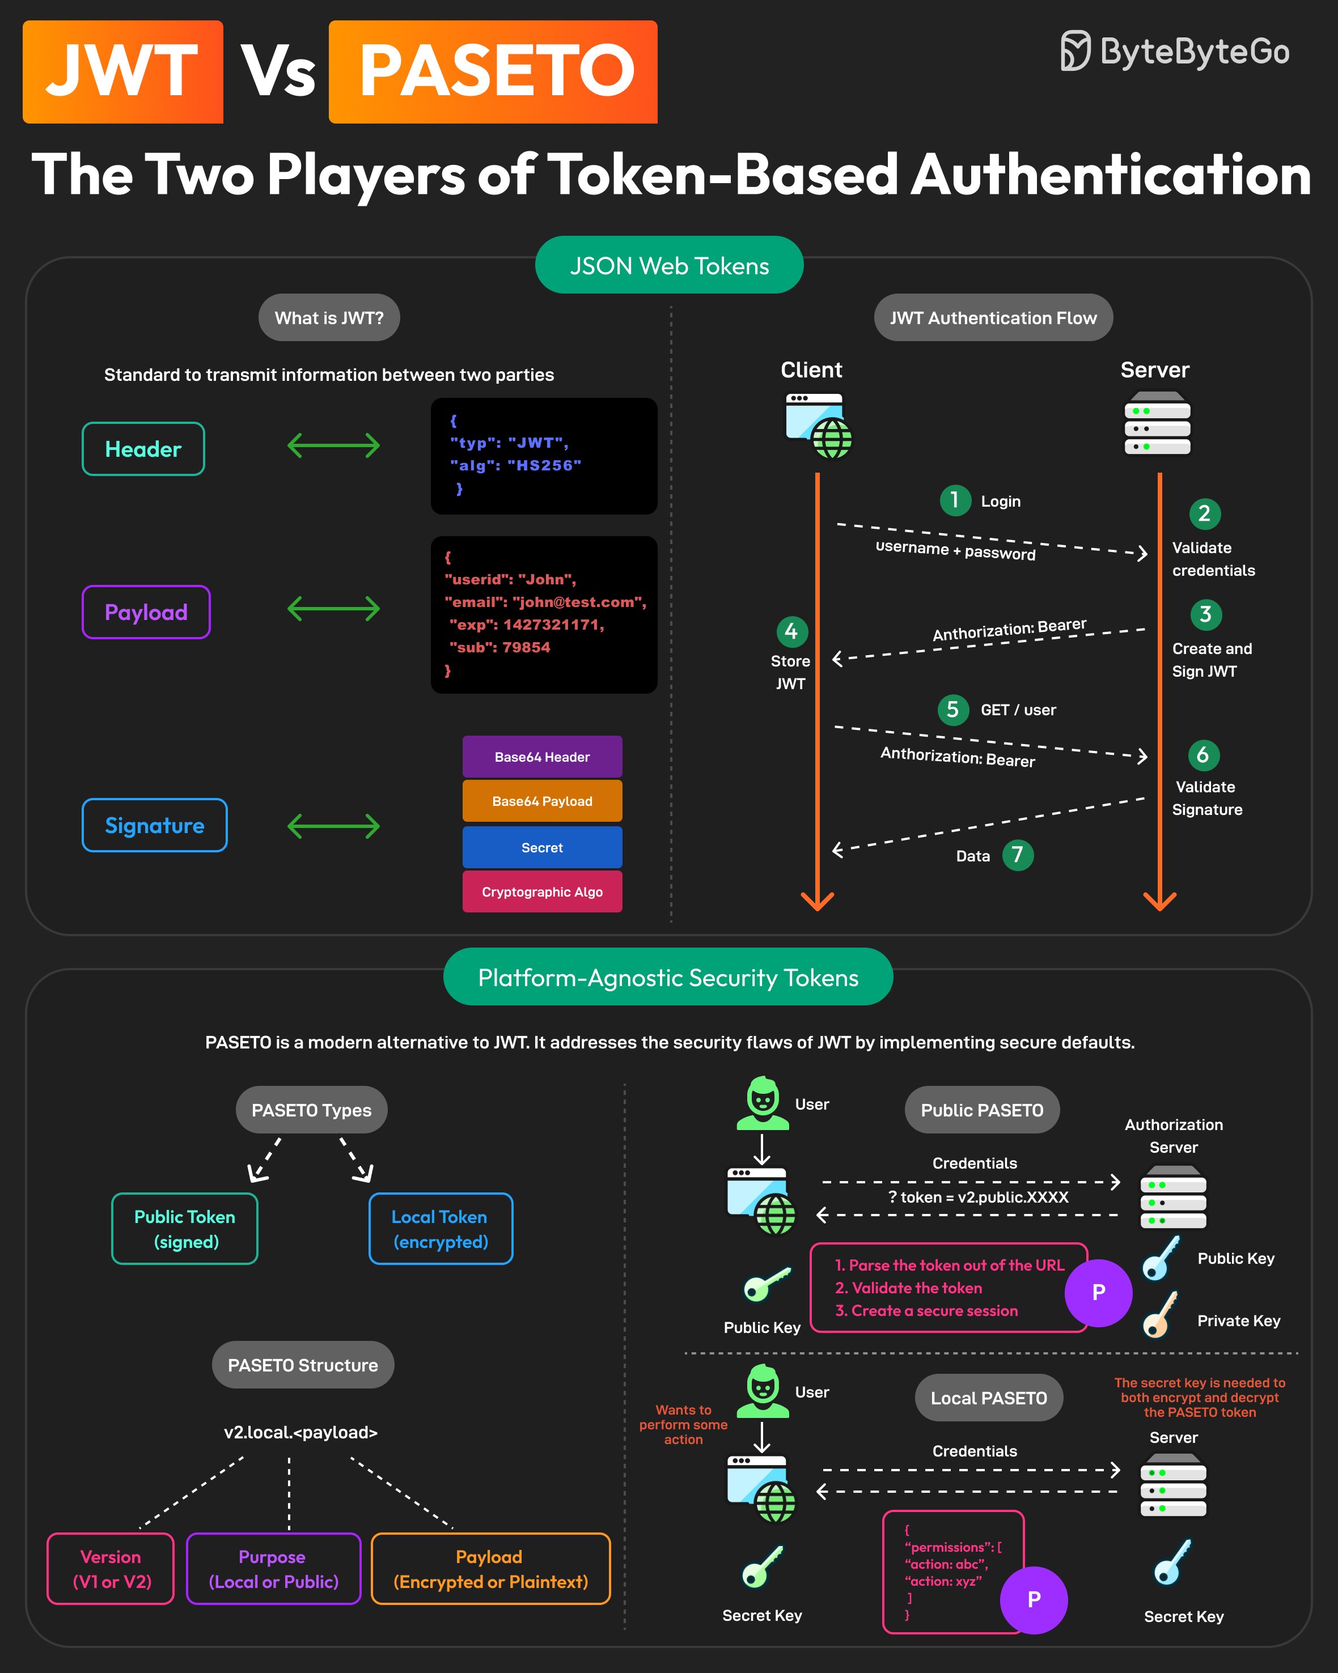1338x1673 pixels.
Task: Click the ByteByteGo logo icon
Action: (1076, 51)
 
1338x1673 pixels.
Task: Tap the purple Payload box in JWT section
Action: (146, 612)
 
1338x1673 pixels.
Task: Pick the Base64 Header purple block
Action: (541, 757)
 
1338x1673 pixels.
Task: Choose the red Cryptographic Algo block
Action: (541, 891)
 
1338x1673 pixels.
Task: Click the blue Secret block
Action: (541, 847)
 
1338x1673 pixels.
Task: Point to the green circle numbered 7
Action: (1018, 855)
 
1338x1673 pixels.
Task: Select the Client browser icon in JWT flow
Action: (819, 425)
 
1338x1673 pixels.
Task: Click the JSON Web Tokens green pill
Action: (669, 265)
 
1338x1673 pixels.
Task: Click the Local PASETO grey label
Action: (989, 1398)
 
